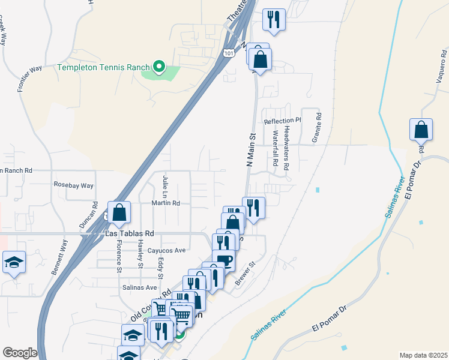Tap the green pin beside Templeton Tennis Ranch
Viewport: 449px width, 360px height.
(159, 67)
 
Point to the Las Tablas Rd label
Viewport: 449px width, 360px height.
(130, 233)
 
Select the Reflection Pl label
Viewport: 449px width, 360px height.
(282, 121)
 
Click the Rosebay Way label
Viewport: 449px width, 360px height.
(74, 185)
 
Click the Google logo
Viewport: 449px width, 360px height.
(20, 353)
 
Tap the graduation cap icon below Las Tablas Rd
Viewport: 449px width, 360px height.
(14, 262)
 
